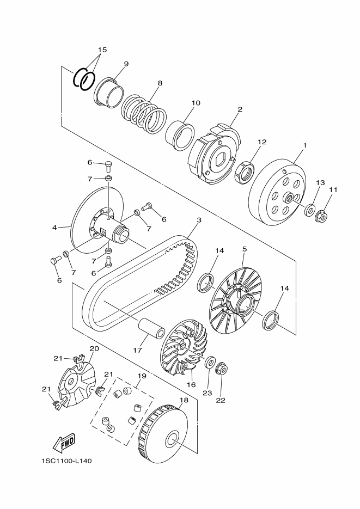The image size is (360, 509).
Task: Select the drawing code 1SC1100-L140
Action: click(x=66, y=461)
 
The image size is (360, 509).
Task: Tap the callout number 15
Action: click(x=102, y=50)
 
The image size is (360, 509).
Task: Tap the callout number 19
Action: click(x=142, y=376)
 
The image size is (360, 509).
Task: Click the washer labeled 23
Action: click(x=209, y=363)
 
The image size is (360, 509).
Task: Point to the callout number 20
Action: click(x=94, y=348)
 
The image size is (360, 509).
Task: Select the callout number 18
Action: click(x=184, y=400)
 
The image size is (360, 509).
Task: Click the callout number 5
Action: click(x=245, y=249)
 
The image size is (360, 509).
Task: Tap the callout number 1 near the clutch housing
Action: click(x=304, y=145)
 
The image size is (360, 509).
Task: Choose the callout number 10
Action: click(x=196, y=102)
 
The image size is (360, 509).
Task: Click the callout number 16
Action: click(x=191, y=384)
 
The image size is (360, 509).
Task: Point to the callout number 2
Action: click(x=239, y=109)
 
